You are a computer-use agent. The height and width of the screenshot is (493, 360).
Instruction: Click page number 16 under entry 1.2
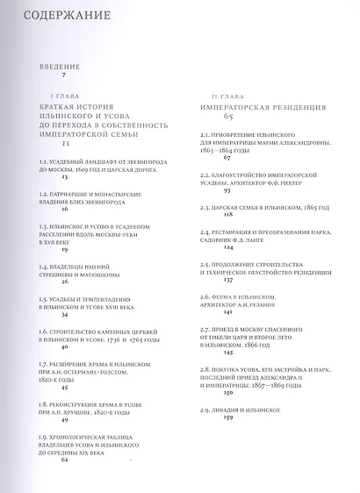pos(65,211)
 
